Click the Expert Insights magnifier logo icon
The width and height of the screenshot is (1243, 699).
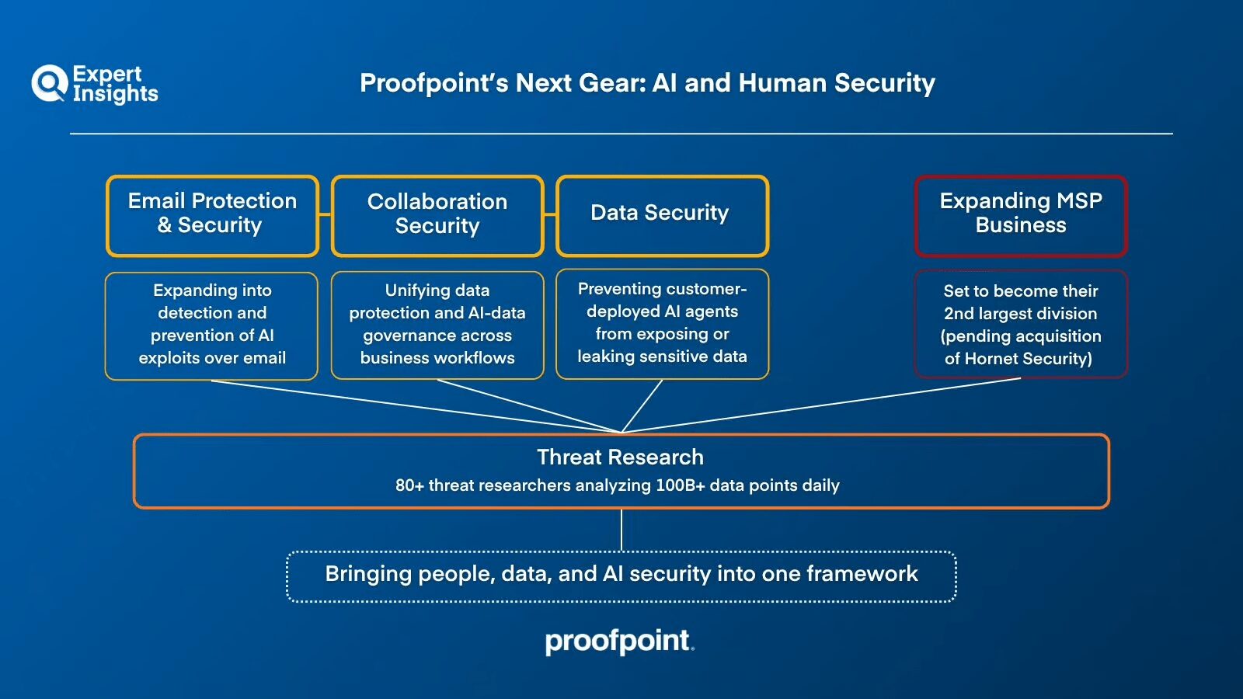pyautogui.click(x=49, y=83)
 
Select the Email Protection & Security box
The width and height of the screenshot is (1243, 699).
pyautogui.click(x=212, y=215)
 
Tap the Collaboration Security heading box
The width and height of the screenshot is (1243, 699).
pyautogui.click(x=437, y=215)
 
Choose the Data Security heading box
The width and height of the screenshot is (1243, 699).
pyautogui.click(x=662, y=215)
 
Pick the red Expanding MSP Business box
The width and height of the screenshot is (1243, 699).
pyautogui.click(x=1020, y=215)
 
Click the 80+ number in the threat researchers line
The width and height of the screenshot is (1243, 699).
pyautogui.click(x=409, y=485)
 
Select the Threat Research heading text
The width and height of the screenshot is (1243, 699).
pyautogui.click(x=620, y=457)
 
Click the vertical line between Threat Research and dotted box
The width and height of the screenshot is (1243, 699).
pyautogui.click(x=621, y=530)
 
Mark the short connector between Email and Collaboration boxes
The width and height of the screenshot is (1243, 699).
pyautogui.click(x=325, y=215)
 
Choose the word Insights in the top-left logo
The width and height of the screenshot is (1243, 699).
pyautogui.click(x=115, y=94)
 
